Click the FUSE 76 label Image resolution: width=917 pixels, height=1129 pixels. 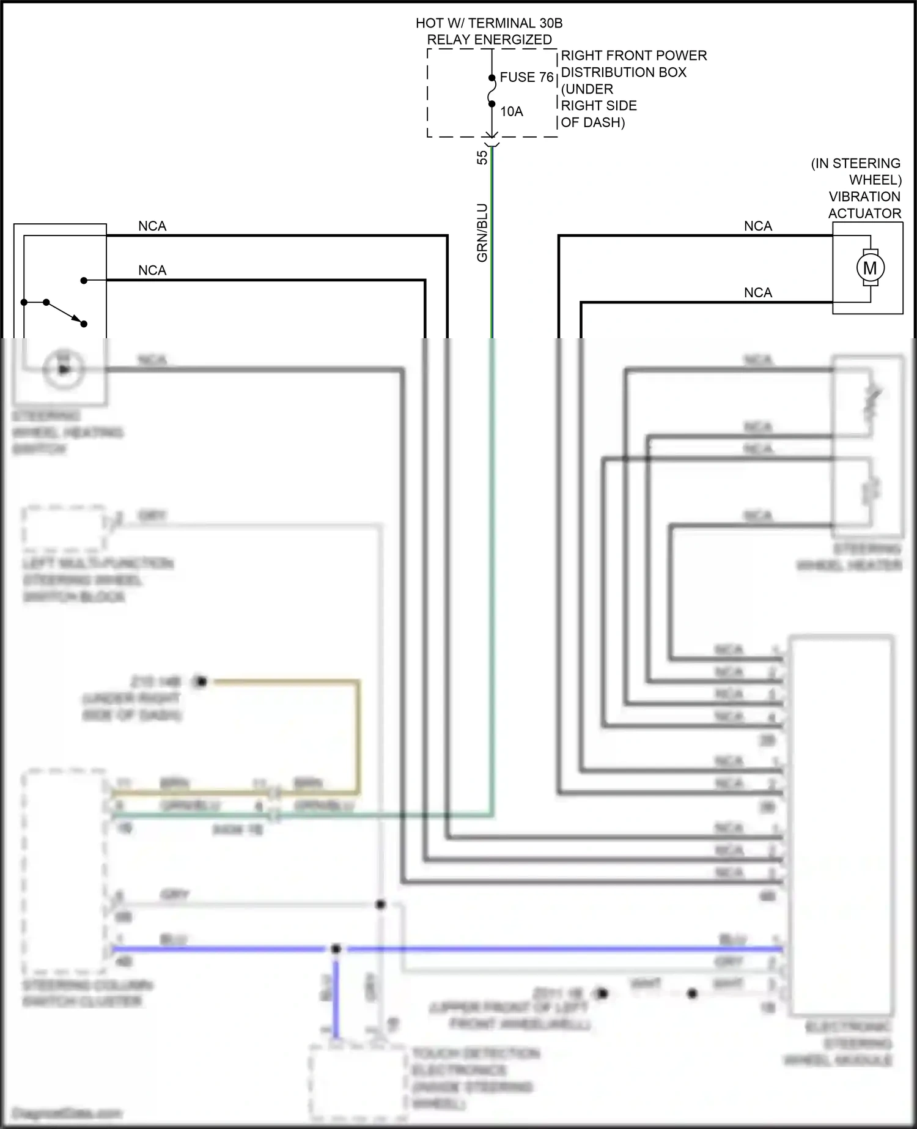point(526,77)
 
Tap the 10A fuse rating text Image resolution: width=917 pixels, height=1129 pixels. point(512,111)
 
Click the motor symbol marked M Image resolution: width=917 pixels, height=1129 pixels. point(869,268)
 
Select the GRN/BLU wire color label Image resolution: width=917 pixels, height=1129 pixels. point(482,232)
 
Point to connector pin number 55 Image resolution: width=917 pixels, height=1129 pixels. point(482,157)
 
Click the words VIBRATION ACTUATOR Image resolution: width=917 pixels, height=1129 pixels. point(864,205)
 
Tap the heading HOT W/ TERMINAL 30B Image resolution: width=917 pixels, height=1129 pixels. point(489,23)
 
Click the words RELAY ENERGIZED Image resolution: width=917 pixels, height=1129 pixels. point(489,40)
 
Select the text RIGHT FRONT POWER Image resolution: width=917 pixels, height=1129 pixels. point(633,56)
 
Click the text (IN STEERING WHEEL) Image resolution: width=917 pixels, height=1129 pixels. point(856,171)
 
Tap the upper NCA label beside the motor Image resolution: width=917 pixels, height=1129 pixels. point(758,226)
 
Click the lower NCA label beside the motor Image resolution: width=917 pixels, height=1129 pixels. point(758,293)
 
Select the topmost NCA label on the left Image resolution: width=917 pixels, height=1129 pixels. point(152,226)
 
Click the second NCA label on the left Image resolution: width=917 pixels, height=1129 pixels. point(152,270)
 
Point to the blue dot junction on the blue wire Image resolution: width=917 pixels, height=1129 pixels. point(336,949)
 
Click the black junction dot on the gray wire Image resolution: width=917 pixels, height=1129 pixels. point(380,905)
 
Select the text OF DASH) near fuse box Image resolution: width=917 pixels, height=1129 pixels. point(592,122)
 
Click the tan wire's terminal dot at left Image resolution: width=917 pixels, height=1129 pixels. point(201,681)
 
